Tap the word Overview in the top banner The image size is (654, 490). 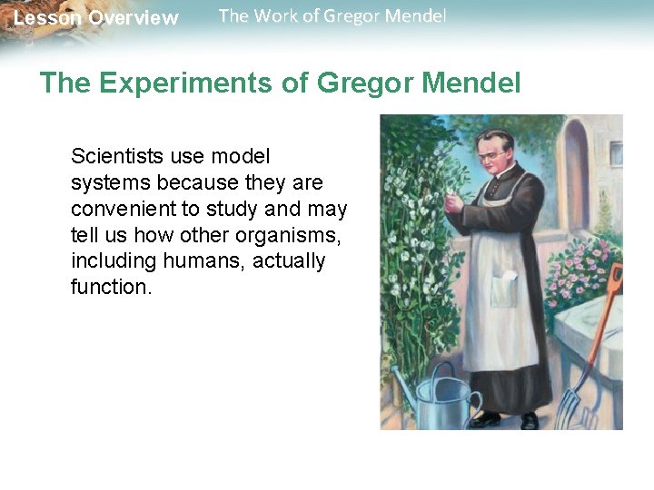[134, 18]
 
